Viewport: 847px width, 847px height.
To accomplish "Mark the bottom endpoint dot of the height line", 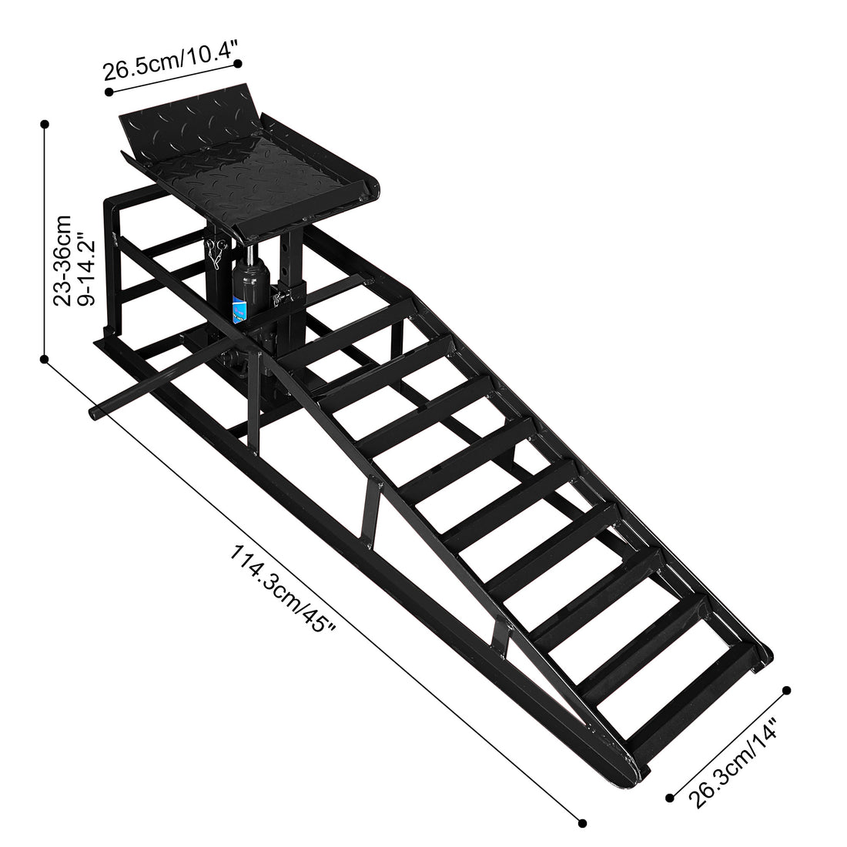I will pyautogui.click(x=45, y=359).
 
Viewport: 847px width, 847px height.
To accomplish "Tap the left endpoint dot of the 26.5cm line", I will pyautogui.click(x=109, y=92).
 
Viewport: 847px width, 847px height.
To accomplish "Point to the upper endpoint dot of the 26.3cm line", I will pyautogui.click(x=787, y=690).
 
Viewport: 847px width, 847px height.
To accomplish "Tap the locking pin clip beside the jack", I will pyautogui.click(x=216, y=252).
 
